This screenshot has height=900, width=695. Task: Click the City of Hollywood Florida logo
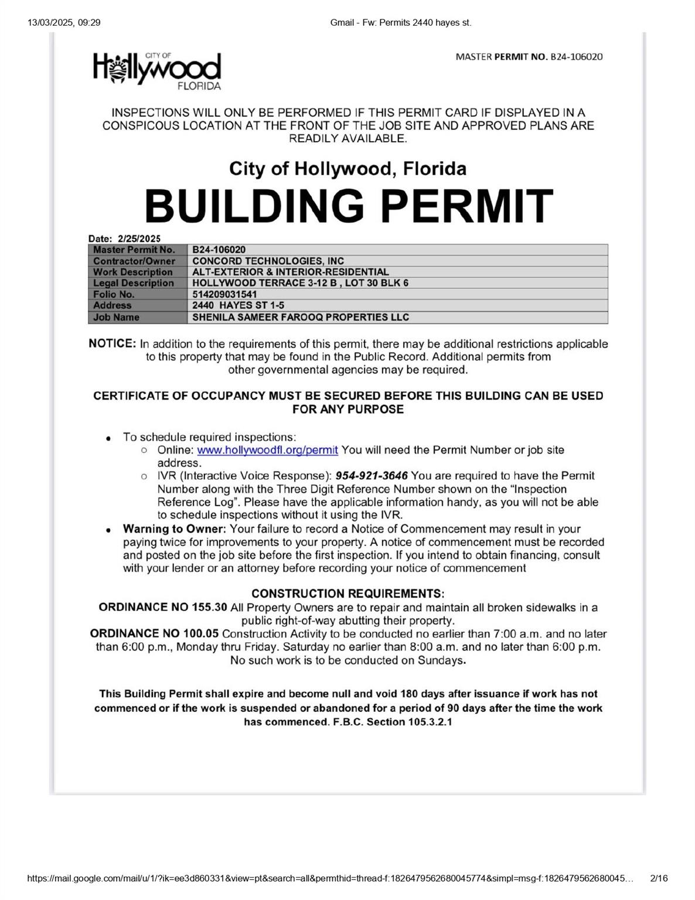click(157, 71)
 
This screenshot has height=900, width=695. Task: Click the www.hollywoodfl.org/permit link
click(267, 450)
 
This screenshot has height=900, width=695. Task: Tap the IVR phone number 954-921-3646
click(372, 475)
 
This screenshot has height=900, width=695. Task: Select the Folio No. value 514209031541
click(224, 294)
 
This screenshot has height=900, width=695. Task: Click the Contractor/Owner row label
click(134, 261)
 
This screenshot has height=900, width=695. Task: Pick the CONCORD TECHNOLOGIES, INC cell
click(268, 261)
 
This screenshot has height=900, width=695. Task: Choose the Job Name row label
click(116, 317)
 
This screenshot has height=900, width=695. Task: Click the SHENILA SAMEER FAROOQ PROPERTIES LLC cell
click(301, 317)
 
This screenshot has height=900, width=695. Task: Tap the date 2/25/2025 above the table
click(139, 238)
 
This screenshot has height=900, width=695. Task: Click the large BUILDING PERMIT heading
click(349, 206)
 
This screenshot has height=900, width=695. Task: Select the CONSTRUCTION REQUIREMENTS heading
click(347, 594)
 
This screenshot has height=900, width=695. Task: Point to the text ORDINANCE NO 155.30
click(162, 607)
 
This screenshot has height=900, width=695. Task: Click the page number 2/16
click(659, 878)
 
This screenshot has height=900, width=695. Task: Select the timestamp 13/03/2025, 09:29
click(64, 23)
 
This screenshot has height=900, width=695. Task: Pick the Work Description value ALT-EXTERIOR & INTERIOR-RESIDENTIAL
click(290, 272)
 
